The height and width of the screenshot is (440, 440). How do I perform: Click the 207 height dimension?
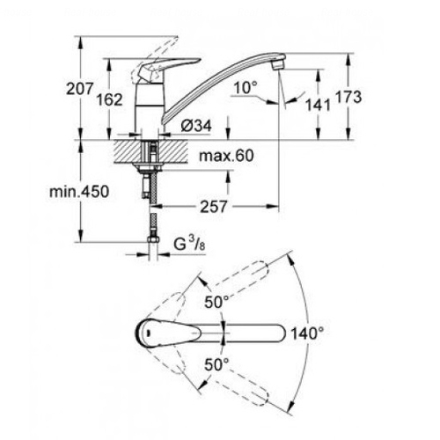[79, 89]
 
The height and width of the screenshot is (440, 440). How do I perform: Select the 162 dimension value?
[110, 99]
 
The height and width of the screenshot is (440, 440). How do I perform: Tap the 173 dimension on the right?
[348, 97]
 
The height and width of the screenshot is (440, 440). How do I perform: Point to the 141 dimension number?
[318, 105]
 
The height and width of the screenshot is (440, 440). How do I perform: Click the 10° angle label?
[246, 87]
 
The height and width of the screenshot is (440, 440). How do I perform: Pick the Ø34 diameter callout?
[196, 126]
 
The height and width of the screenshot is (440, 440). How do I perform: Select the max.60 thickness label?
[226, 156]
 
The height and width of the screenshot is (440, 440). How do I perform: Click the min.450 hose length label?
[79, 192]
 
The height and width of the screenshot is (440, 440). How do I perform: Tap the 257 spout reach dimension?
[214, 207]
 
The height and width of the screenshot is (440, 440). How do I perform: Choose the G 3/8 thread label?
[189, 244]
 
